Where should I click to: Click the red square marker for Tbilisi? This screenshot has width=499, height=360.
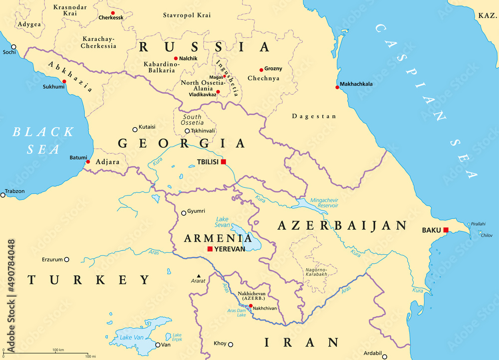[x=224, y=161]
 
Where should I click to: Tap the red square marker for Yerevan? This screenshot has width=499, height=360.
[x=210, y=249]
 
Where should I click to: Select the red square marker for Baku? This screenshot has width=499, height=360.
[x=446, y=230]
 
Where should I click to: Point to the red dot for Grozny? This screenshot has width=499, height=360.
[x=261, y=70]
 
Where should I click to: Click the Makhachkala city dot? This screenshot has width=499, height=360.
[x=337, y=87]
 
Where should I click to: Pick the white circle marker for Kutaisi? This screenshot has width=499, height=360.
[x=135, y=129]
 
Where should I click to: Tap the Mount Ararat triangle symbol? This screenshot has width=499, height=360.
[x=199, y=276]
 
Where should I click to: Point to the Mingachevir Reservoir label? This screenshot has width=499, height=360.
[x=324, y=202]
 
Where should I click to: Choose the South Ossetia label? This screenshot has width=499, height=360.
[x=192, y=120]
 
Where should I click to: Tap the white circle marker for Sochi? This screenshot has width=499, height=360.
[x=13, y=47]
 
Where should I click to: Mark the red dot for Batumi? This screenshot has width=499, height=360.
[x=88, y=162]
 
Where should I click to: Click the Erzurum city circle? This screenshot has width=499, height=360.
[x=66, y=259]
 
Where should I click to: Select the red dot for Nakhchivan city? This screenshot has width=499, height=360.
[x=250, y=306]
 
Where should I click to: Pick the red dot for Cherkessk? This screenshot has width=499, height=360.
[x=113, y=13]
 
